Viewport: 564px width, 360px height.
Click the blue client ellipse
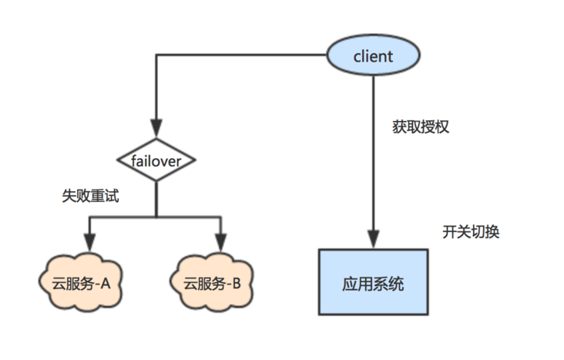pos(373,56)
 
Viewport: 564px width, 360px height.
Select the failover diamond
pos(156,160)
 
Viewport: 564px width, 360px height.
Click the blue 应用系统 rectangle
pos(373,283)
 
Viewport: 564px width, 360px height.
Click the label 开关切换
pos(470,231)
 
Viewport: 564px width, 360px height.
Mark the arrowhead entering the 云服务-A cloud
pos(89,245)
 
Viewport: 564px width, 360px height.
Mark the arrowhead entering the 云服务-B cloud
pos(222,245)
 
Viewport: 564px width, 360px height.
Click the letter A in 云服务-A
pos(106,283)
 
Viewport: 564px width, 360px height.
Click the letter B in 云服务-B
pos(237,283)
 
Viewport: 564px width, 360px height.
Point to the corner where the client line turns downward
pos(156,55)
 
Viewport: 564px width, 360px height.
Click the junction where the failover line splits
pos(156,217)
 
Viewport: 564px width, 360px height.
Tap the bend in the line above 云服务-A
pos(89,217)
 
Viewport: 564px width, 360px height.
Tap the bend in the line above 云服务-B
pos(222,217)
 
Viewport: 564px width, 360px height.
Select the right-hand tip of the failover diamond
pos(196,160)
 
